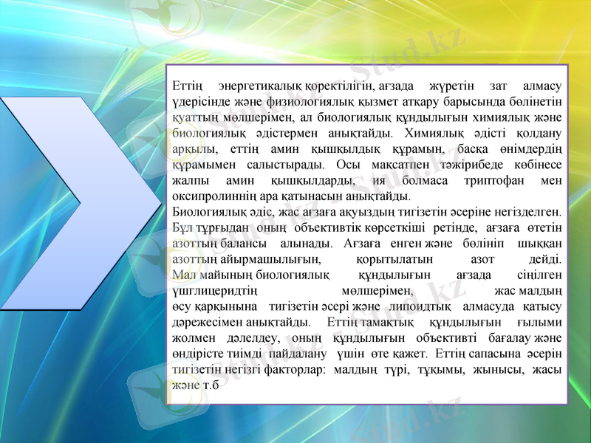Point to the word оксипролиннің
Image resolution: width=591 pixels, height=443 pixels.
click(213, 197)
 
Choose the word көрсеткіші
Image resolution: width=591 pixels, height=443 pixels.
click(330, 227)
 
